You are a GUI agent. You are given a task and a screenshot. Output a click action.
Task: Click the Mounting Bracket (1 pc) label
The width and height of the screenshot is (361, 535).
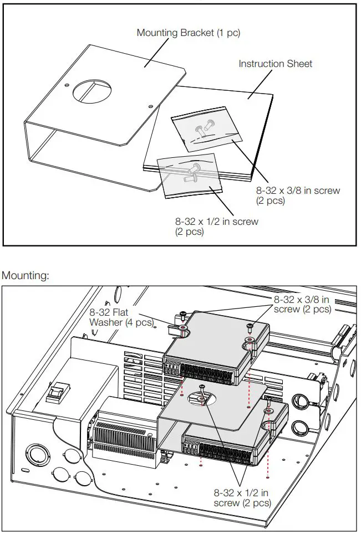click(189, 33)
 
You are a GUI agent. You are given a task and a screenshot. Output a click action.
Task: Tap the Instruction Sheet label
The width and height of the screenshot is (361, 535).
click(275, 64)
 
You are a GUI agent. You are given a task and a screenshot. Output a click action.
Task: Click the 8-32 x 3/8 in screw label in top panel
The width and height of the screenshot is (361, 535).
click(298, 195)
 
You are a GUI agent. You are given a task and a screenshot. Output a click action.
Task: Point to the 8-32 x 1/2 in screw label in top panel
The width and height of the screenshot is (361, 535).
click(217, 227)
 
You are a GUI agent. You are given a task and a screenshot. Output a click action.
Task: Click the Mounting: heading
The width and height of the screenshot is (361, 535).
click(26, 275)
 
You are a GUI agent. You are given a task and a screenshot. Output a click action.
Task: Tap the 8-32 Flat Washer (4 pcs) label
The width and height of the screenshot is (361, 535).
click(121, 317)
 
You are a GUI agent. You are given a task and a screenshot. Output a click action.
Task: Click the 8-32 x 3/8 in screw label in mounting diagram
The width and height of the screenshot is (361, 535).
click(302, 304)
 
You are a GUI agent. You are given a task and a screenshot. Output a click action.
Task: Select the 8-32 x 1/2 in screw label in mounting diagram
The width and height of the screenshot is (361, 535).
click(242, 497)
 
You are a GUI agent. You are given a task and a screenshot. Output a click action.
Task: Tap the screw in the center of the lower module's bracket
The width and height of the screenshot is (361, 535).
click(201, 394)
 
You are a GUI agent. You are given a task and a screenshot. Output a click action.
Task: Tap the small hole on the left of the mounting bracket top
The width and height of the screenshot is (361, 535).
click(67, 85)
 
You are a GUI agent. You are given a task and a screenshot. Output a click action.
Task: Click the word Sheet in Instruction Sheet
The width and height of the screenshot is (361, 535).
click(299, 64)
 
